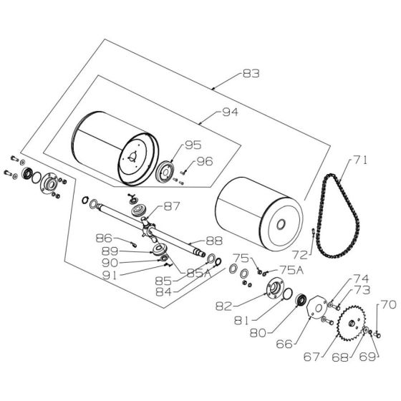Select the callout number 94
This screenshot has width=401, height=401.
pos(230,113)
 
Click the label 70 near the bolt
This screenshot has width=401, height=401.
pos(387,305)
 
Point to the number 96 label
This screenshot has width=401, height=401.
pos(205,162)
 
